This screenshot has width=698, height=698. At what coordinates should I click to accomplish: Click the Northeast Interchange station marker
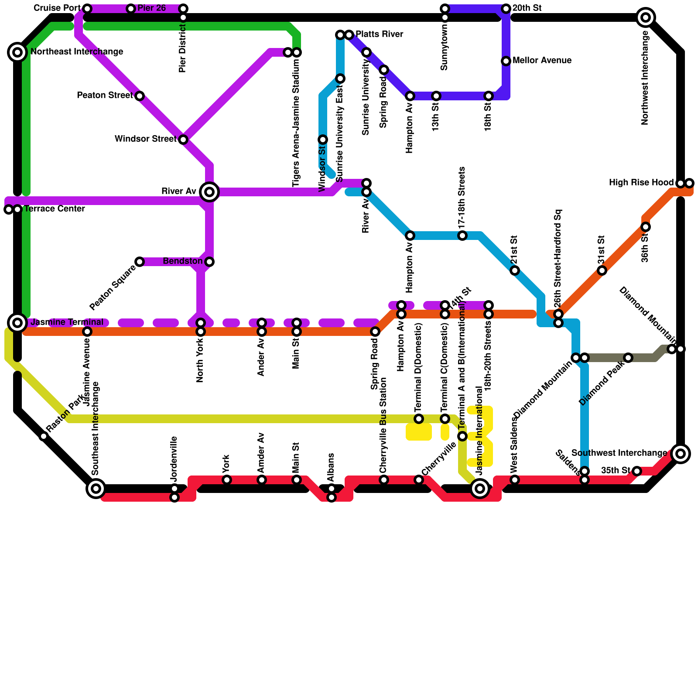point(17,52)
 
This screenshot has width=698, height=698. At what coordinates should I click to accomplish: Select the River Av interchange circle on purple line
point(209,192)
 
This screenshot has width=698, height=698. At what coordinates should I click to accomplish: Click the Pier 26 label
point(151,8)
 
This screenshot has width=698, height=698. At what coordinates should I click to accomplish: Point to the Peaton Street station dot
point(140,96)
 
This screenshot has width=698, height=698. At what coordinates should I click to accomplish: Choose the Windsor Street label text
point(145,139)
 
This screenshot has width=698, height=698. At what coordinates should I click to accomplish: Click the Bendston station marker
point(209,262)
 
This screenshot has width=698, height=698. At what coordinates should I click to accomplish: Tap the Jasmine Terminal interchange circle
point(17,323)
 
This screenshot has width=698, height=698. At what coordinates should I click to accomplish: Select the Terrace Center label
point(55,209)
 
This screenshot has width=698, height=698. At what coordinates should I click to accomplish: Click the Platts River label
point(380,34)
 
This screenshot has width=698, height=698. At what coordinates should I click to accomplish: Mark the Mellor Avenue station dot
point(506,61)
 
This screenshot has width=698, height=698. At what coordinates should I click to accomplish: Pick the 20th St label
point(527,8)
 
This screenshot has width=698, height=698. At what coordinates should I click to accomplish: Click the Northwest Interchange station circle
point(646,17)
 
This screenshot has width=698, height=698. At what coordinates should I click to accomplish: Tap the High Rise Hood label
point(641,183)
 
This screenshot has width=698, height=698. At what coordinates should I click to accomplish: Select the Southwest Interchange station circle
point(681,454)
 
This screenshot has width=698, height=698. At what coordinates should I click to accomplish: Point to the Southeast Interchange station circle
point(96,488)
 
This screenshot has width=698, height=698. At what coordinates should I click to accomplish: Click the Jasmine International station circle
point(480,488)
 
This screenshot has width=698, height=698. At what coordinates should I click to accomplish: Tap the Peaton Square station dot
point(140,262)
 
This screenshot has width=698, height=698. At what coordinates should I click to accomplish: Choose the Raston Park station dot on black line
point(44,436)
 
